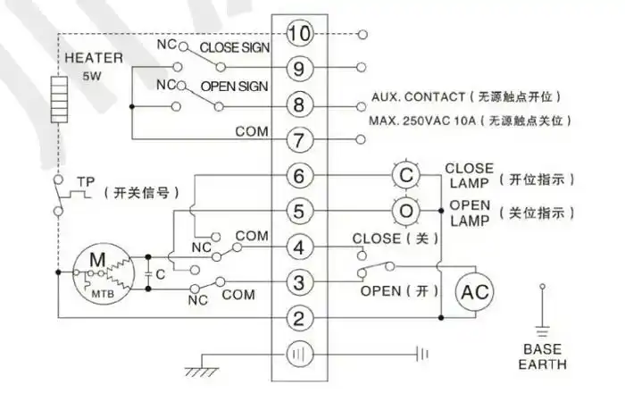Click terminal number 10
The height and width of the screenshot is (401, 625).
[300, 35]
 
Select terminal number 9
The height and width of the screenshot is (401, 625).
[300, 68]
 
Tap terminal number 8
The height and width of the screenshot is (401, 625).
[300, 105]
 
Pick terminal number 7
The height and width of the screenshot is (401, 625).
[300, 139]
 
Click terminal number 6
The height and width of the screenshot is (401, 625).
[300, 176]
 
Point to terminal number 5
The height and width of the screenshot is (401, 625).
[300, 211]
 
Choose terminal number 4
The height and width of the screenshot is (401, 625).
[300, 246]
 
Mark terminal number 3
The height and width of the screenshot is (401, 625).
[300, 282]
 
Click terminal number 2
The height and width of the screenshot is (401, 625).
[300, 317]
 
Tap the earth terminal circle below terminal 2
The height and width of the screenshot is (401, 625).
[300, 354]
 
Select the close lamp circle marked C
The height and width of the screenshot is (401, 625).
[406, 176]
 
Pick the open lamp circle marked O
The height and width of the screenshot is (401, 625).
[406, 211]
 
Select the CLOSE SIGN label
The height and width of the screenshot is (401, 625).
[232, 47]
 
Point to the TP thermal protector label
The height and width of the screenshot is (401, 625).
[86, 181]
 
